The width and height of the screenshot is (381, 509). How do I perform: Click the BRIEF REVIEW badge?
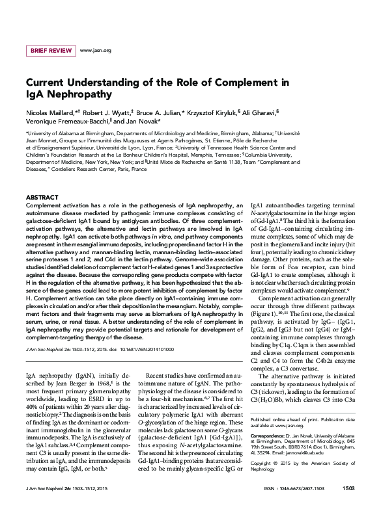(49, 50)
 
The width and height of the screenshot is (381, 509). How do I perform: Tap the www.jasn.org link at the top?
(95, 50)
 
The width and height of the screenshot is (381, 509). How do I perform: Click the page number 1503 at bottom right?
(348, 488)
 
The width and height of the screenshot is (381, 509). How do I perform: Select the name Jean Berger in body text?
(66, 365)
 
